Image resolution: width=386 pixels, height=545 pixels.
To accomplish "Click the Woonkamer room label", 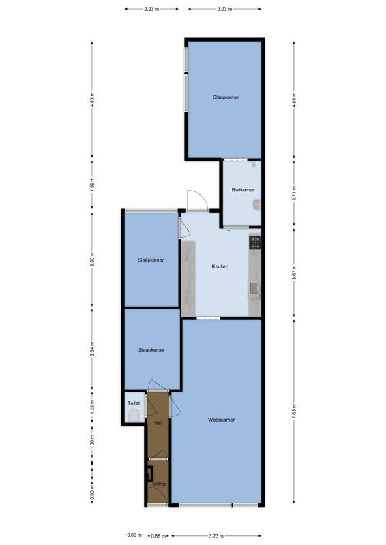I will [221, 420].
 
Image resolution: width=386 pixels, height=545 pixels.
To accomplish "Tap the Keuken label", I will [220, 266].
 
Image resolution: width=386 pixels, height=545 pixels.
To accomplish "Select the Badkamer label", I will [243, 189].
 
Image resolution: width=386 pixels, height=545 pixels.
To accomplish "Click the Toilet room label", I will [133, 403].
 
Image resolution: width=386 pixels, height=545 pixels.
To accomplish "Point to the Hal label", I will [158, 423].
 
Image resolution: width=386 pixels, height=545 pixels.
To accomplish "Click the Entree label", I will [158, 484].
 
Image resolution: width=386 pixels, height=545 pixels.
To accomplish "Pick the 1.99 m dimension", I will [93, 184].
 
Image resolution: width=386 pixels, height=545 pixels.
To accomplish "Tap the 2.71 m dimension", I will [293, 191].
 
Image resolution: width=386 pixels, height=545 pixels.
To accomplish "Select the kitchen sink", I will [254, 289].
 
